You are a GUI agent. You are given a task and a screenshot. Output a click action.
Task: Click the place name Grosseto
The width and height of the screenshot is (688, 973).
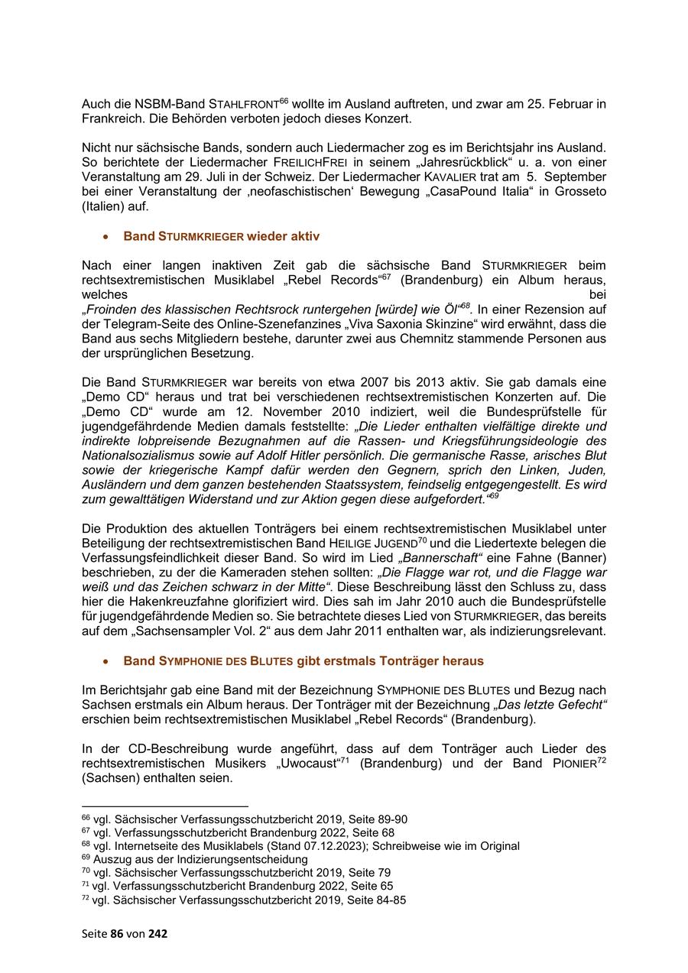[577, 192]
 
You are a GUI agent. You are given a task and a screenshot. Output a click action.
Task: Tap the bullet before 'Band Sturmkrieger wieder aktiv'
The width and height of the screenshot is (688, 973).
[106, 237]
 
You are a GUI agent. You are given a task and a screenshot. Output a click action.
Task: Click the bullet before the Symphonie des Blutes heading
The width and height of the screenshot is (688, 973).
[106, 660]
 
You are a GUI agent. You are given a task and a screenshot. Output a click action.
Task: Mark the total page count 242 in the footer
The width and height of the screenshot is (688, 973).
[157, 934]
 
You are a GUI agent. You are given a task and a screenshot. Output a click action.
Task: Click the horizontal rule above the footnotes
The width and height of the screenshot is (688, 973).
[165, 806]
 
